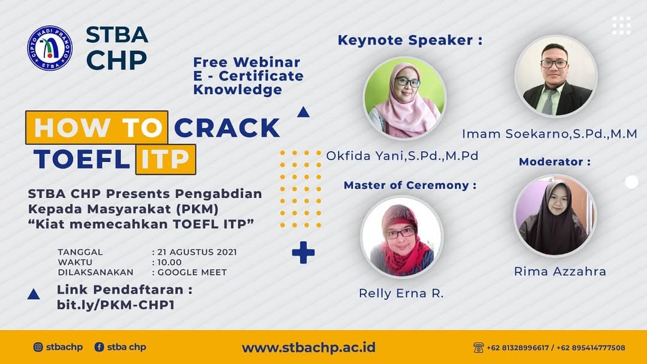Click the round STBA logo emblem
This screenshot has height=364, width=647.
point(50,48)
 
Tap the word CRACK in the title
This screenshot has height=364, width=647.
point(228,128)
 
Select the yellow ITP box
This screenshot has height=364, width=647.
point(165,159)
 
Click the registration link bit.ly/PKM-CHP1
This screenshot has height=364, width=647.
point(116,305)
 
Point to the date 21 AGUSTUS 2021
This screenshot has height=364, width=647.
point(197,252)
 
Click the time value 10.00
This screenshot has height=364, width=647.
point(170,263)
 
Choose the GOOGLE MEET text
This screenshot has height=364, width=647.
point(192,272)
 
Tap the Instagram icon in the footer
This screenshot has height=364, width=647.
point(38,347)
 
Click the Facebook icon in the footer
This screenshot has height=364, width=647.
point(99,347)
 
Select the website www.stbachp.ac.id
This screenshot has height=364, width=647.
point(309,347)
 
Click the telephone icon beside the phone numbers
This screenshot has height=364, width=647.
point(478,347)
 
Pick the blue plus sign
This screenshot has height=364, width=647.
point(303,252)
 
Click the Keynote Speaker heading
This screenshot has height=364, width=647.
point(410,40)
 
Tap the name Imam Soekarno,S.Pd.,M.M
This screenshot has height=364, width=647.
point(549,134)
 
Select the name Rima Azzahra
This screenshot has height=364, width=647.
point(560,272)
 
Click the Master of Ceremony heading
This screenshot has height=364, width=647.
point(410,185)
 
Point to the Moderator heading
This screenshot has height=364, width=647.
point(555,161)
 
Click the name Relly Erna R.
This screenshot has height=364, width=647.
point(401,293)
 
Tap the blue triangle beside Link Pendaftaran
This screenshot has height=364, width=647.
point(34,294)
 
